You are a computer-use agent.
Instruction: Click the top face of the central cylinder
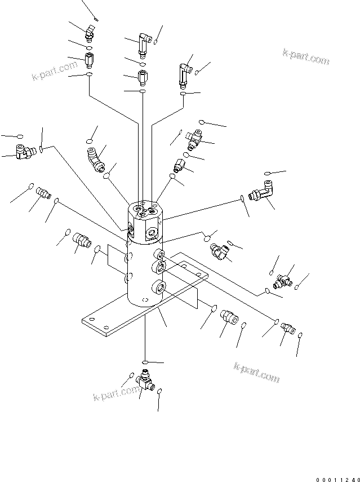[144, 210]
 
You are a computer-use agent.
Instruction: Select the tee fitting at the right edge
[283, 278]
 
